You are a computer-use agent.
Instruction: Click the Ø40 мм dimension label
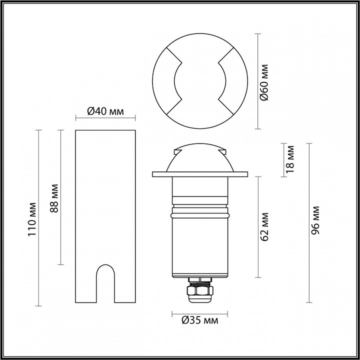(105, 111)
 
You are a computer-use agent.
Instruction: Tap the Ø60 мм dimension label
(265, 82)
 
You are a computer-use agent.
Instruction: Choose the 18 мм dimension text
(290, 159)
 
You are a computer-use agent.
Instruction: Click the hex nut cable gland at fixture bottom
(199, 291)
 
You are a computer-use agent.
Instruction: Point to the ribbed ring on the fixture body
(199, 214)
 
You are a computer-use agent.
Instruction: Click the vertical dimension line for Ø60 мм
(257, 82)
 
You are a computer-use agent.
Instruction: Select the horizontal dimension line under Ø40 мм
(105, 119)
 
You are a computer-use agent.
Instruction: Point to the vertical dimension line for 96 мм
(309, 223)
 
